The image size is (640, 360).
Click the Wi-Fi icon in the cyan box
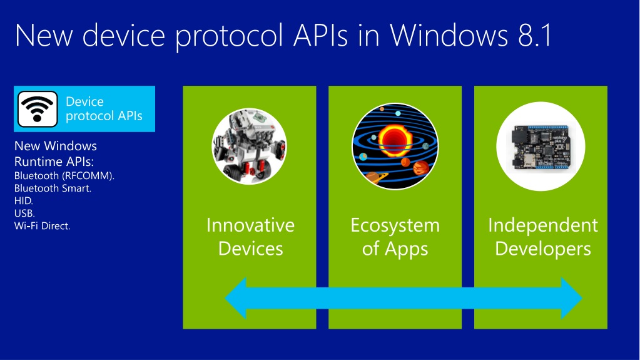38,108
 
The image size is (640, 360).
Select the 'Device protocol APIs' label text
104,108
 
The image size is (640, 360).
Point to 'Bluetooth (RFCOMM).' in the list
64,175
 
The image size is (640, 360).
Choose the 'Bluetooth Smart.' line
53,188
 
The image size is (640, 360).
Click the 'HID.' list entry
24,200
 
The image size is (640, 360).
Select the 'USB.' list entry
24,213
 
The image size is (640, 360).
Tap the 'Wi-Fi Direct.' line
43,225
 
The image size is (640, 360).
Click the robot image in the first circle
249,146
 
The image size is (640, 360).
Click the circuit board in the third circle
539,145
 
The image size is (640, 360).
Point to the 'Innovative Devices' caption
250,237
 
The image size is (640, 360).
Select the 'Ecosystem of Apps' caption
395,237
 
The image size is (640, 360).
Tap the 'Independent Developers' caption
542,237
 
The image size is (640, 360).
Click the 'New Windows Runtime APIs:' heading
56,153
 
